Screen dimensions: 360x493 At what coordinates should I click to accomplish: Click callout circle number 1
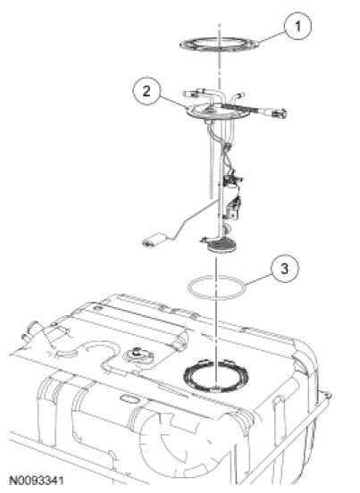click(298, 26)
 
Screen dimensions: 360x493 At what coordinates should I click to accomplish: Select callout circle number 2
click(147, 91)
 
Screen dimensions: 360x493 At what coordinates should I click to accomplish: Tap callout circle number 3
click(285, 269)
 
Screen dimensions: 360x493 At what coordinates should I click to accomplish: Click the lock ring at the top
click(221, 45)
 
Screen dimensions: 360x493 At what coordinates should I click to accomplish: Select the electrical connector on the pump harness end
click(280, 113)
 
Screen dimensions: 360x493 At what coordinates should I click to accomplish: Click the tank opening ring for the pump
click(215, 376)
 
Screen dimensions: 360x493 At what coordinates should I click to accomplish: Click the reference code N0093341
click(37, 480)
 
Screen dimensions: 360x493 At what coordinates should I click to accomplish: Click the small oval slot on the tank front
click(129, 399)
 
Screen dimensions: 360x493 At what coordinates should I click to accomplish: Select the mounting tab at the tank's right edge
click(325, 394)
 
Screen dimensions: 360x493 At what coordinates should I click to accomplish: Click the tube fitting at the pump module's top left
click(191, 93)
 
